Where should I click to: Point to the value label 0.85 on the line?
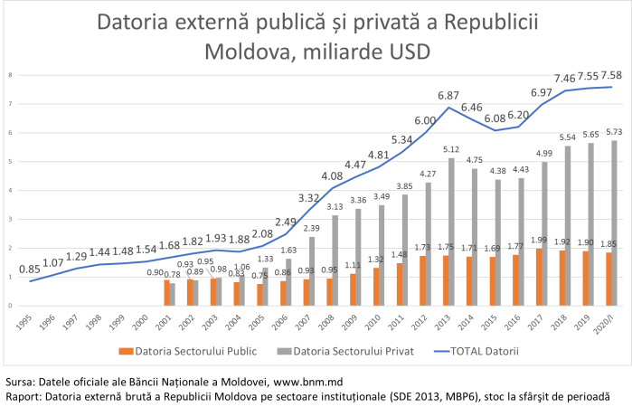(29, 269)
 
